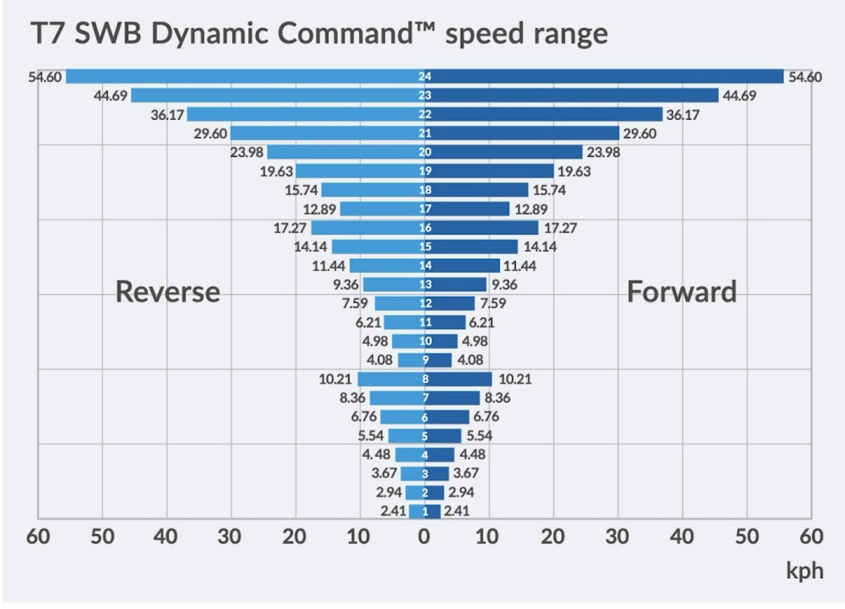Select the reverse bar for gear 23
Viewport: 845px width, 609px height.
click(x=273, y=95)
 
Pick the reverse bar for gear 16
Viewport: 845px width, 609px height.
click(x=364, y=227)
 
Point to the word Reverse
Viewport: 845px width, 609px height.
click(x=167, y=291)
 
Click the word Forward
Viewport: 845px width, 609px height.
click(x=681, y=291)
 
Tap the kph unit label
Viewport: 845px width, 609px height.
click(x=804, y=570)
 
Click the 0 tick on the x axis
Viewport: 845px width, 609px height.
click(x=424, y=538)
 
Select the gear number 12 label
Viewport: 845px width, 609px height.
click(x=424, y=304)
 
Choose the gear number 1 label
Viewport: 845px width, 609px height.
click(x=424, y=512)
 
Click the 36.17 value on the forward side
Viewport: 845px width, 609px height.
click(x=683, y=114)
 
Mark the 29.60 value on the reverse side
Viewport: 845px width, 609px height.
click(x=211, y=133)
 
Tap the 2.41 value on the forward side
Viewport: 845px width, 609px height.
click(x=457, y=511)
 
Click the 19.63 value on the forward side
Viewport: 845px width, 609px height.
click(x=573, y=171)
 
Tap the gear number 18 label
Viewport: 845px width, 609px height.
click(x=424, y=190)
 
